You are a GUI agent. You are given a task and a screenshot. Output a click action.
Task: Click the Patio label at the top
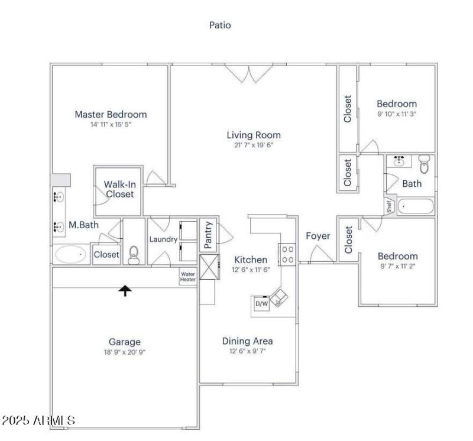(x=221, y=25)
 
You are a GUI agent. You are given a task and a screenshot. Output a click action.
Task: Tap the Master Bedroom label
(x=111, y=115)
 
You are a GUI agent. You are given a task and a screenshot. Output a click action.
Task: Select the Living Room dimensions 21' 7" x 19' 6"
(x=254, y=144)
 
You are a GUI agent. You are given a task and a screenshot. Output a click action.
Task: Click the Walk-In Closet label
(x=119, y=189)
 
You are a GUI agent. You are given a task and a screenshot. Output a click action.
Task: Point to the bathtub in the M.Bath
(x=70, y=255)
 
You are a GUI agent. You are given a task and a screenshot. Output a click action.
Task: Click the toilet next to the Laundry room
(x=134, y=255)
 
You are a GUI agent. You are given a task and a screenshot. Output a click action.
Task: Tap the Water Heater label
(x=188, y=276)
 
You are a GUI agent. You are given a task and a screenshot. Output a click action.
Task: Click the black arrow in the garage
(x=125, y=290)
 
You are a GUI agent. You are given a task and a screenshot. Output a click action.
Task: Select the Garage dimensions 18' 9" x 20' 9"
(x=124, y=351)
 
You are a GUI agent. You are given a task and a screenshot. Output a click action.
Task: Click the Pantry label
(x=208, y=234)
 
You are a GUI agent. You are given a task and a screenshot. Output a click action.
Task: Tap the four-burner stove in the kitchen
(x=288, y=254)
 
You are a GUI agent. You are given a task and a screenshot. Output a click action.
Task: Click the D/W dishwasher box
(x=261, y=304)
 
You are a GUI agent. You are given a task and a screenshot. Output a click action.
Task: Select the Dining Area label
(x=247, y=341)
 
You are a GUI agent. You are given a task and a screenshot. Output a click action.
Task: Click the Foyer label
(x=318, y=236)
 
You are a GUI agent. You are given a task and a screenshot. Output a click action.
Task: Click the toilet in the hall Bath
(x=423, y=163)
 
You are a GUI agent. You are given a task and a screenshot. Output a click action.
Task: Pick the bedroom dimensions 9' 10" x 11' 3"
(x=397, y=114)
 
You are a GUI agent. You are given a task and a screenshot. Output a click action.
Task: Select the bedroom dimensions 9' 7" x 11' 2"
(x=397, y=267)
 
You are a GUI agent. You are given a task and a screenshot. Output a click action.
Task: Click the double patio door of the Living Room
(x=249, y=74)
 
